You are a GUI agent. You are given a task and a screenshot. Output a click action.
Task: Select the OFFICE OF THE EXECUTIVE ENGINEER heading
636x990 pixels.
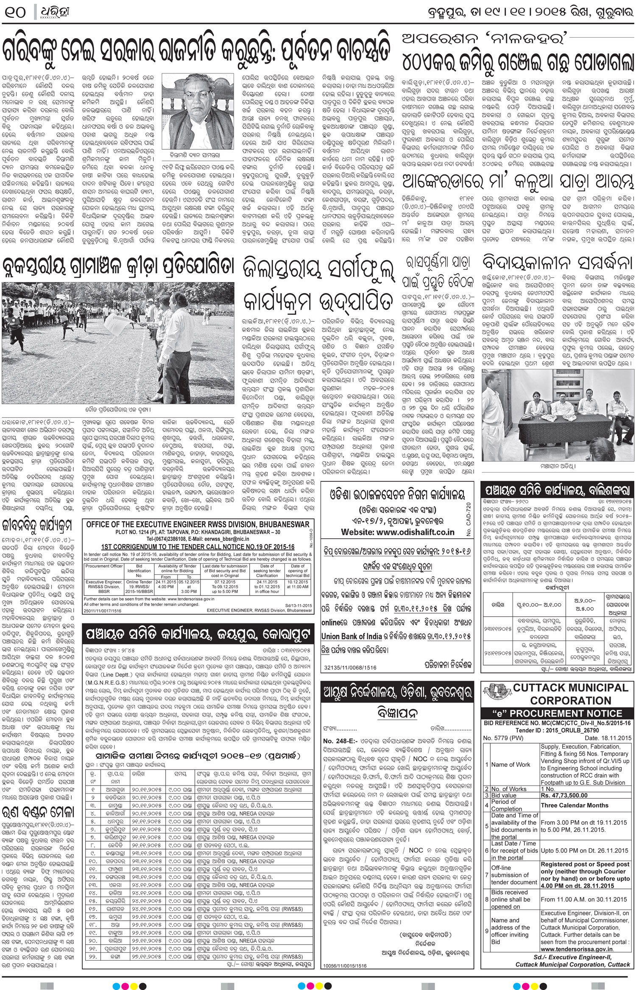coord(198,524)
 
